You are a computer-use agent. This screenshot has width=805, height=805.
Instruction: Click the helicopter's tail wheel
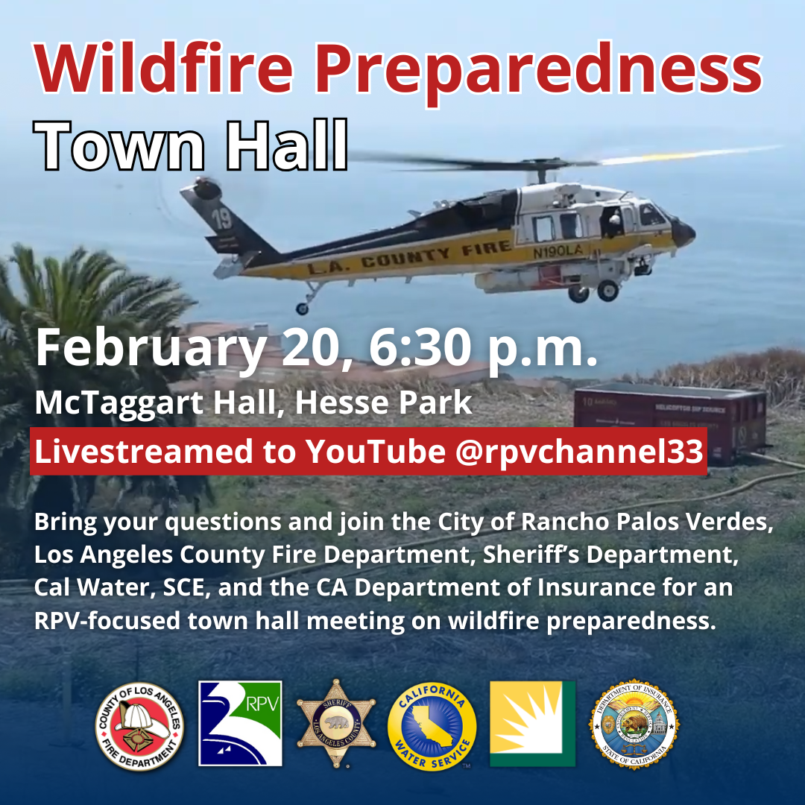coord(301,308)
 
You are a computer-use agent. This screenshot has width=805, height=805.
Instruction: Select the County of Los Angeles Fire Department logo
coord(139,724)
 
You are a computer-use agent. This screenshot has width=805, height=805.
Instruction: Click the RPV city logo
coord(240,723)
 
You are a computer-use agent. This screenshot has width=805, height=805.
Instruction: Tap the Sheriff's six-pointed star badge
coord(337,724)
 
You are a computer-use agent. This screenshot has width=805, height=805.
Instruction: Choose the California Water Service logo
coord(432,724)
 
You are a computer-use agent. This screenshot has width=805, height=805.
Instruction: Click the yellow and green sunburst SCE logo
coord(532,723)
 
